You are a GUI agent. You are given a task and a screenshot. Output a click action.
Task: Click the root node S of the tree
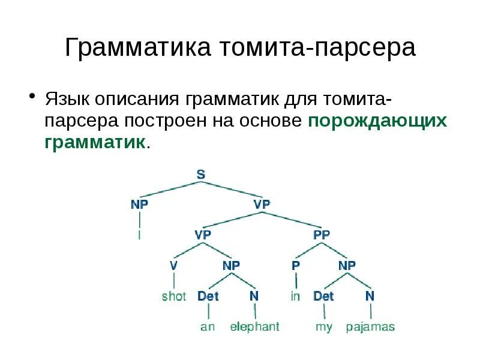click(x=201, y=175)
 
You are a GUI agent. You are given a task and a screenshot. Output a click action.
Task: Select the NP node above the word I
click(x=140, y=204)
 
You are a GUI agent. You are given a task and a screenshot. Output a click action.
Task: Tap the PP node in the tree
click(x=322, y=235)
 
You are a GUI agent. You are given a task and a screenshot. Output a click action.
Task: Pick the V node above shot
click(x=173, y=265)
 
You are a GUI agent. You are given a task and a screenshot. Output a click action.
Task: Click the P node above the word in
click(x=295, y=265)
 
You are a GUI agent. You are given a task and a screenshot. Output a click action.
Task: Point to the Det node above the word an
click(x=208, y=296)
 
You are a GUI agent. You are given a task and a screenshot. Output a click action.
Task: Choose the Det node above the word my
click(x=323, y=296)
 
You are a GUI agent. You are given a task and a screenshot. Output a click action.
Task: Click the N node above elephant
click(x=254, y=296)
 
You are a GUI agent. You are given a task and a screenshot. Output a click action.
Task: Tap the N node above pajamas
click(x=370, y=296)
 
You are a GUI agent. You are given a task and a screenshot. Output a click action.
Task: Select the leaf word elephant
click(x=255, y=327)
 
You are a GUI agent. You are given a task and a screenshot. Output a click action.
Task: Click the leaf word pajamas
click(x=370, y=327)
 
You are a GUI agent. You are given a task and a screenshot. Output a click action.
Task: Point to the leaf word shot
click(x=174, y=296)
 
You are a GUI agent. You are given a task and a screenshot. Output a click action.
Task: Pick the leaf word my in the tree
click(x=323, y=328)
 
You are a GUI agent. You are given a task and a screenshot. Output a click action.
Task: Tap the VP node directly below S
click(x=262, y=204)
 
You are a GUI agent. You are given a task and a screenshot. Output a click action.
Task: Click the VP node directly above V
click(x=202, y=235)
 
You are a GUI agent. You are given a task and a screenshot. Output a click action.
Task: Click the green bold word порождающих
click(x=377, y=120)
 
